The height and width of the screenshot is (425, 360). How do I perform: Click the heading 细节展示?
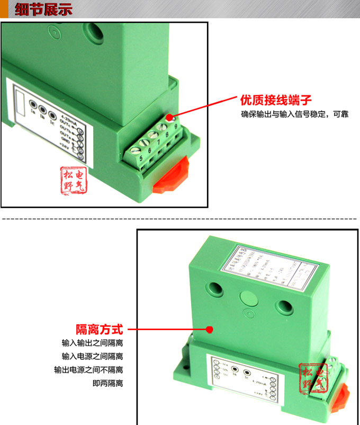coord(43,10)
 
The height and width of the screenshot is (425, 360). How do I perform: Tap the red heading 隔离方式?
coord(99,329)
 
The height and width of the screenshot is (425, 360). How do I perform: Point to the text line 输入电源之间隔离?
coord(92,356)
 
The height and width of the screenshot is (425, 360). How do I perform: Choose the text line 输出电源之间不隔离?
coord(88,370)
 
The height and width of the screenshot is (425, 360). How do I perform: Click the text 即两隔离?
coord(107,383)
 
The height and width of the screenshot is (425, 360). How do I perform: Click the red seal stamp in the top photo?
coord(73,180)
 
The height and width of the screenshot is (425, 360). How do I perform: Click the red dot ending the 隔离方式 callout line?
coord(209,330)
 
